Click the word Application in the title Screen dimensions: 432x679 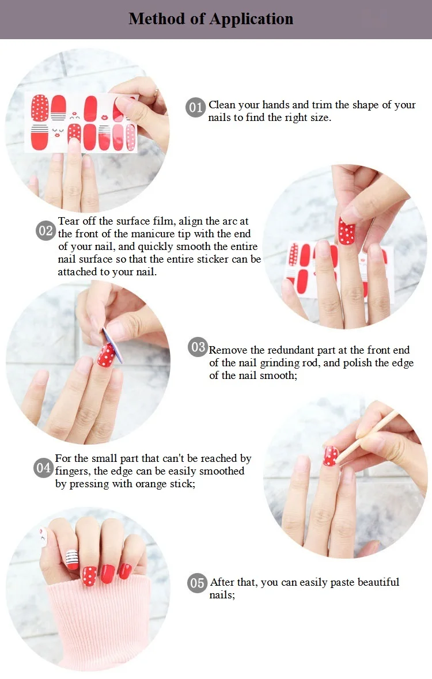point(252,20)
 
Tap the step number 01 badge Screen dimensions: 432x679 point(195,107)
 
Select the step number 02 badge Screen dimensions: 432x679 point(46,231)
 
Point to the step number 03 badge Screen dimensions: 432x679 point(198,347)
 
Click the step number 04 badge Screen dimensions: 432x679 point(43,468)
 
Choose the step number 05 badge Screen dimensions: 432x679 point(197,583)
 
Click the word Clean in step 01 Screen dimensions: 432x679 point(222,105)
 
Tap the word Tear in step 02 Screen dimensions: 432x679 point(69,221)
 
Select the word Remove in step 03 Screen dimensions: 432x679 point(228,350)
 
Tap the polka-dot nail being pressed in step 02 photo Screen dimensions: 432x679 point(346,232)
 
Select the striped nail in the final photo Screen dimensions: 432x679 point(72,559)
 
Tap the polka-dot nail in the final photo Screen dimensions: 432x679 point(90,576)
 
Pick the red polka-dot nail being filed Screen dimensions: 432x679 point(106,355)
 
